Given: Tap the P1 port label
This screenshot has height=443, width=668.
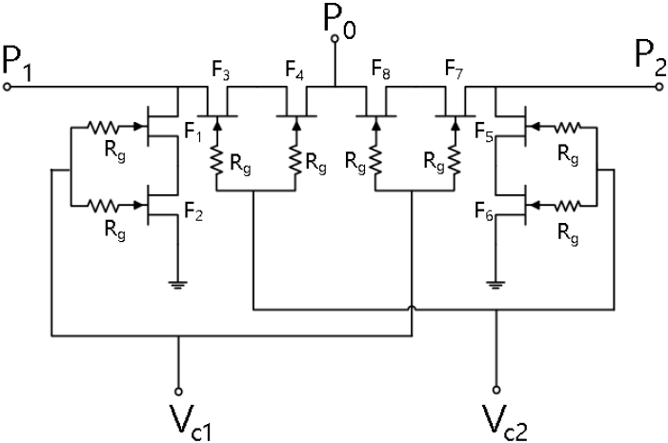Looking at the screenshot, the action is (x=17, y=65).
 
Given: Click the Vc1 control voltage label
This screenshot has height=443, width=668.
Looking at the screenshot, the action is (x=190, y=422).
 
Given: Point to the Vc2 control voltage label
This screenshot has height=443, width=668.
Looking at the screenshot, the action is (x=505, y=423).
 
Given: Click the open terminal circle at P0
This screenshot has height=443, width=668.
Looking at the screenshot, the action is (x=334, y=39).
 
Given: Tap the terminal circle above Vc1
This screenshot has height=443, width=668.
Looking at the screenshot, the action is (x=179, y=391).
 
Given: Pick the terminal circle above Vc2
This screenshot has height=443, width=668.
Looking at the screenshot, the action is (x=496, y=390).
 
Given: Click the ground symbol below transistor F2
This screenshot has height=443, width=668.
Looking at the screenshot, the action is (x=178, y=285).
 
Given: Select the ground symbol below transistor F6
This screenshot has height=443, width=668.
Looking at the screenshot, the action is (x=496, y=285).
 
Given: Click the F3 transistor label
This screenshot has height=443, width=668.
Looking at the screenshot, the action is (x=221, y=71).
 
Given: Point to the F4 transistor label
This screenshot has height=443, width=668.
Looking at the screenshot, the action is (x=294, y=70).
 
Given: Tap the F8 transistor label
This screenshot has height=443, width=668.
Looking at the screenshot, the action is (x=381, y=70).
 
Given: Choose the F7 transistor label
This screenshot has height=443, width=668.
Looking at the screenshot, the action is (x=455, y=70).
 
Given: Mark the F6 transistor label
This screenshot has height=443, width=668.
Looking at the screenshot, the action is (x=484, y=211).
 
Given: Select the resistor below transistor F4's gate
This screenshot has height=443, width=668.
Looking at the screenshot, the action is (x=295, y=160).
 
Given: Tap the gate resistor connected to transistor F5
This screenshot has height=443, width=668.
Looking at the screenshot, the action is (x=567, y=127).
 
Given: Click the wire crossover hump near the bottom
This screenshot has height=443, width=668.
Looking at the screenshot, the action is (x=412, y=309).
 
